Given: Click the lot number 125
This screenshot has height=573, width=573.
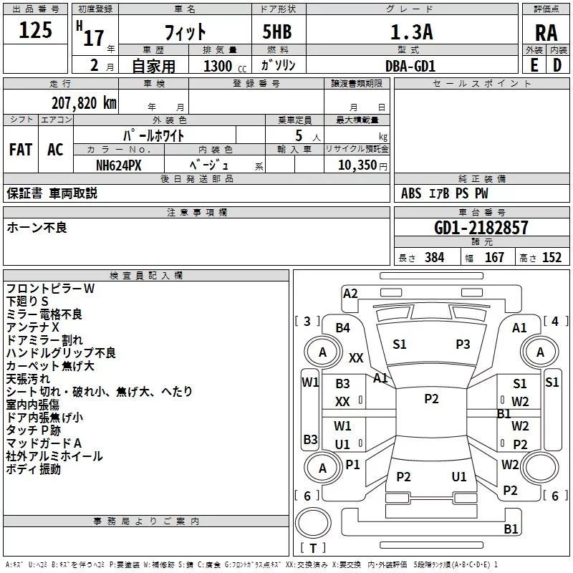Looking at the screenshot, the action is pos(36,30).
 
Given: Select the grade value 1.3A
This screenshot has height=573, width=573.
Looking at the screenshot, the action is pos(410,32).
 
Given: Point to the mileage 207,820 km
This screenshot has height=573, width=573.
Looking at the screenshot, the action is pos(84,102).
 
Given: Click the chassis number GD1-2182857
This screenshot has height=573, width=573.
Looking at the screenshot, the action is pos(481,228).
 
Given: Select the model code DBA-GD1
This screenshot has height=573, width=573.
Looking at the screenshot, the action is pos(410,65).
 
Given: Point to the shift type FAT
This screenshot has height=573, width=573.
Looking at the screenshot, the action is pos(20,150).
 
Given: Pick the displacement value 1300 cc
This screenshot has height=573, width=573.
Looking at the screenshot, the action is pos(222,66).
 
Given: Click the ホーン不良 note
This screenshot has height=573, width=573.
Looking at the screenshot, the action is pos(37,228).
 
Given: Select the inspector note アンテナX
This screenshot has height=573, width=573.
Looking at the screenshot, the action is pos(33,327).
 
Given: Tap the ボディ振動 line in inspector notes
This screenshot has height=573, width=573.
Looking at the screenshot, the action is pos(34,469).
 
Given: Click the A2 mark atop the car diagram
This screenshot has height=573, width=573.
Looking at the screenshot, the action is pos(350,293).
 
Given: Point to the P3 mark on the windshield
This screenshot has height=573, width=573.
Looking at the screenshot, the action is pos(463,345).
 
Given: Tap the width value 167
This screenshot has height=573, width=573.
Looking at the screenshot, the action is pos(494,258).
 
